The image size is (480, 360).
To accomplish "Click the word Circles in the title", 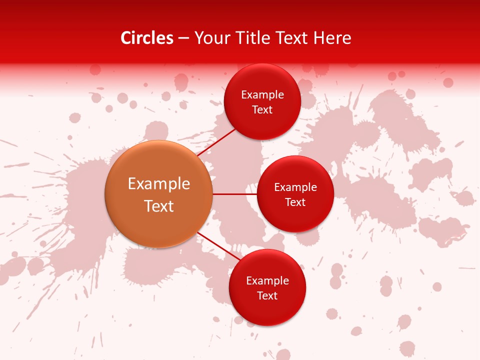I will [x=147, y=38].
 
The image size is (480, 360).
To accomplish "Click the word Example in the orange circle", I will [x=159, y=184].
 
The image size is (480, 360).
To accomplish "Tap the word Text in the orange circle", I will [x=159, y=206].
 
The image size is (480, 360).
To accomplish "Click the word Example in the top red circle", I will [x=262, y=95].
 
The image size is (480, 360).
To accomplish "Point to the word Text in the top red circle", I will [x=262, y=110].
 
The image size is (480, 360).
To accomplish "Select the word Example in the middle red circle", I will [x=295, y=187].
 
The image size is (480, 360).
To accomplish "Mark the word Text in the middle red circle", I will [x=295, y=202].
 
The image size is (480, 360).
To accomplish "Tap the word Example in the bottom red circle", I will [x=267, y=281].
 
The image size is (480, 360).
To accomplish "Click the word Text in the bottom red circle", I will [x=267, y=296].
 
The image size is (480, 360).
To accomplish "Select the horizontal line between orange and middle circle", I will [x=234, y=194].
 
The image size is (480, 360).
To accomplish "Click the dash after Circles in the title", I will [x=183, y=38].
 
